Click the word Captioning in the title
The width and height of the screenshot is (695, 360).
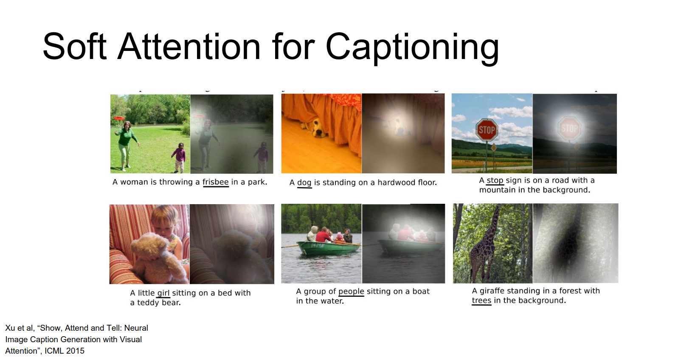(x=412, y=48)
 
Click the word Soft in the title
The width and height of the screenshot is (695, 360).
(x=75, y=47)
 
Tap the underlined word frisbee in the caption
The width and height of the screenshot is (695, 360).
(x=216, y=182)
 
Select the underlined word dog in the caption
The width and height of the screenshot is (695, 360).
(x=304, y=183)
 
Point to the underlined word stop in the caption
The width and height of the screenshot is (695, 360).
(x=495, y=180)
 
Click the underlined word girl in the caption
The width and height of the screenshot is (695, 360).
(x=163, y=293)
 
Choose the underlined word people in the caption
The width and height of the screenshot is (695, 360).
(x=351, y=292)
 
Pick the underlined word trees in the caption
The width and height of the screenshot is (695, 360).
(x=481, y=301)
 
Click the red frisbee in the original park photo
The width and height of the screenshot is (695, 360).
(x=119, y=118)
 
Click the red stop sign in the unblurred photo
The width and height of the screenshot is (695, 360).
(x=487, y=130)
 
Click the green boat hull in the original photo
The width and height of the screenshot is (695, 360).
(x=329, y=248)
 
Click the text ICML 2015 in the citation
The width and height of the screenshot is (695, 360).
(x=65, y=351)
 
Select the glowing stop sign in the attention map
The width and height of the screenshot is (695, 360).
(x=569, y=128)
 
